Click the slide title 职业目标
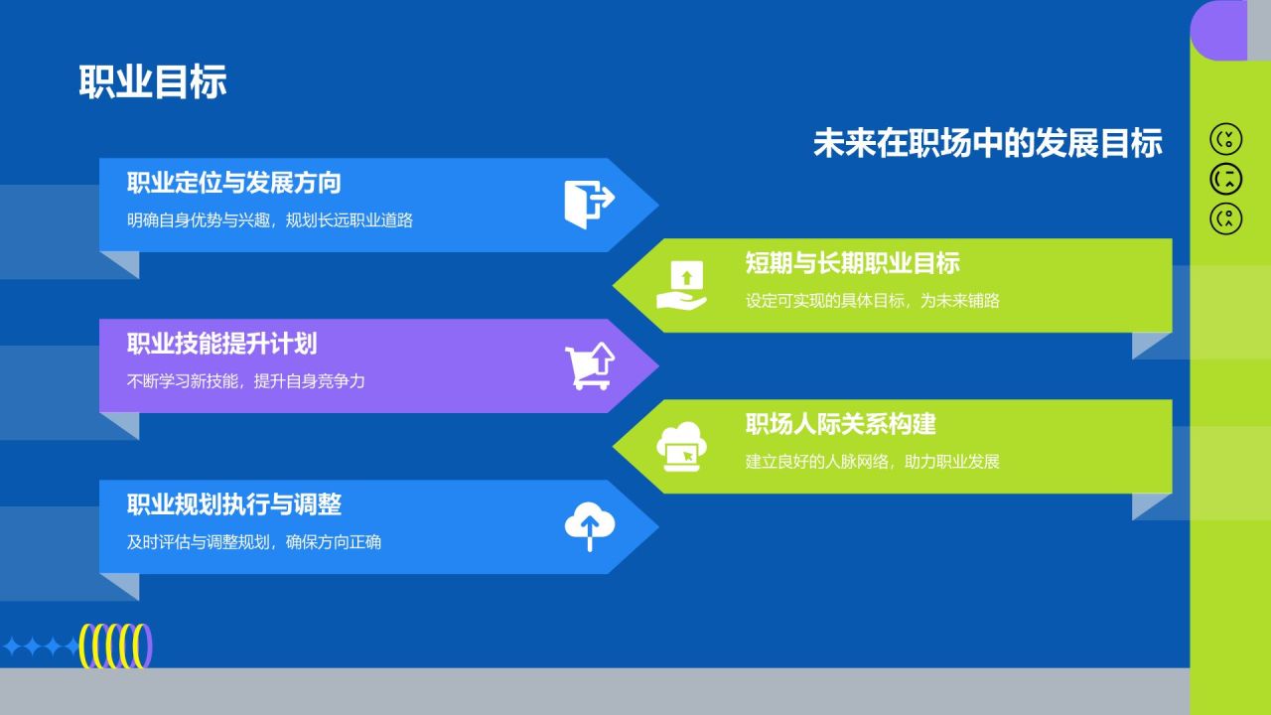tap(153, 82)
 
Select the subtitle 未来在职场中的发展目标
tap(988, 142)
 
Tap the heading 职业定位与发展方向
tap(233, 183)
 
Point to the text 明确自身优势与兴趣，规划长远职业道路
tap(269, 220)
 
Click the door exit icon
tap(590, 205)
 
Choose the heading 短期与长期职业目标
tap(852, 263)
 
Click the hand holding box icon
tap(681, 285)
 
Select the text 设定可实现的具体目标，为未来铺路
tap(872, 301)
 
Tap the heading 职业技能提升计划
tap(221, 344)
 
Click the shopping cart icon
tap(590, 366)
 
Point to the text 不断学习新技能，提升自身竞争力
tap(245, 381)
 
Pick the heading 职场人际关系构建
tap(840, 424)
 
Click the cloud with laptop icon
tap(681, 447)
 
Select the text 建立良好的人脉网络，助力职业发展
tap(872, 462)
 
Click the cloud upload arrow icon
tap(590, 526)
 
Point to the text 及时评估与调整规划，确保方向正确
tap(253, 542)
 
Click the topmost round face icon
tap(1225, 139)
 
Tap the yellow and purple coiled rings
tap(116, 646)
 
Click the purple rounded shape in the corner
tap(1218, 31)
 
